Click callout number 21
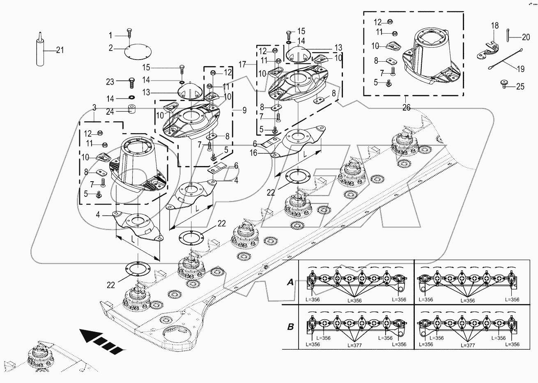point(60,50)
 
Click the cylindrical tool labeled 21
point(40,52)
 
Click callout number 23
point(110,82)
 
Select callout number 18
point(495,26)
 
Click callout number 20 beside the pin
point(526,37)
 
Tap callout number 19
point(521,69)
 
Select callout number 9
point(244,110)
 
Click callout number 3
point(94,108)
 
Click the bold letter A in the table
point(290,282)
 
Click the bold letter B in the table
point(290,327)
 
